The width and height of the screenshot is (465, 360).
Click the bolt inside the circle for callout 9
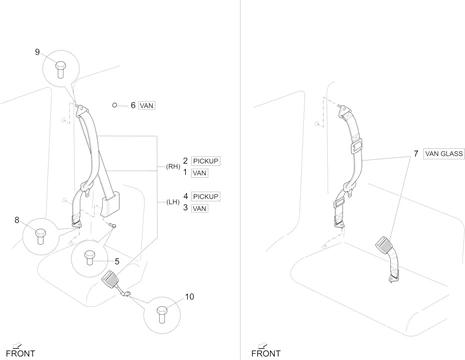click(61, 70)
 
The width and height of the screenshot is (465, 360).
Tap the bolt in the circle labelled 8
click(41, 236)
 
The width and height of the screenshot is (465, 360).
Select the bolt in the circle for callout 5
click(90, 258)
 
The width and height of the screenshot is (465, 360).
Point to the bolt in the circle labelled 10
click(162, 315)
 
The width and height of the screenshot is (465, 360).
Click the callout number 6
click(133, 105)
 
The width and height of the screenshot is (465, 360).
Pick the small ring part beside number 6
click(115, 105)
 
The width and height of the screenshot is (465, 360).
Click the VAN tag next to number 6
click(147, 106)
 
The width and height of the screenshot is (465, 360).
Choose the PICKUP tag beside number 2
click(206, 161)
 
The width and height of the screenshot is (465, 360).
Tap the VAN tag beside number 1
click(199, 173)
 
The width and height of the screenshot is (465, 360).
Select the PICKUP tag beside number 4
click(206, 197)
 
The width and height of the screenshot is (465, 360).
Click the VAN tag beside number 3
click(199, 209)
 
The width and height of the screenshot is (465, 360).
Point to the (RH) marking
click(173, 166)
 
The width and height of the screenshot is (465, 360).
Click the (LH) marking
click(173, 202)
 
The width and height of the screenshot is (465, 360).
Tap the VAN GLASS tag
click(444, 154)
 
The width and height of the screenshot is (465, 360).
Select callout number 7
click(416, 153)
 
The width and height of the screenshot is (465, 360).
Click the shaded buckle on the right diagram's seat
click(385, 245)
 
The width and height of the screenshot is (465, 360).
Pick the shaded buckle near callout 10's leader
click(111, 279)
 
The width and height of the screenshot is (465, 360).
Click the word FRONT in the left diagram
click(20, 353)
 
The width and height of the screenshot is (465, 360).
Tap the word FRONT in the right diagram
click(266, 353)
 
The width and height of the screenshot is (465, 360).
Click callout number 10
click(189, 297)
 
